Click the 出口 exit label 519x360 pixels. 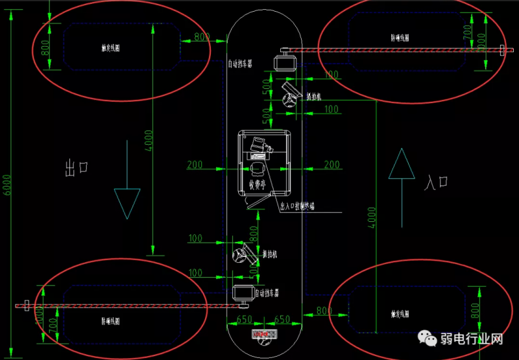coord(77,169)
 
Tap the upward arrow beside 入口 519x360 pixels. coord(402,164)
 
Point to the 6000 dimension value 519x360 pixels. coord(8,188)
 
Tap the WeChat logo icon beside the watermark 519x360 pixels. coord(428,338)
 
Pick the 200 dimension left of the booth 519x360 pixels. coord(194,165)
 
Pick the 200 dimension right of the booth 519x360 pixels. coord(332,165)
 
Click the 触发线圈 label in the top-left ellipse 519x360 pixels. coord(111,48)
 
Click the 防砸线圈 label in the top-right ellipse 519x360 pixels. coord(400,38)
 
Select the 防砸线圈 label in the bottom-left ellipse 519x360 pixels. coord(110,320)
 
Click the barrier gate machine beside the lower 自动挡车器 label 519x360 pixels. coord(242,293)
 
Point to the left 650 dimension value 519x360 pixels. coord(244,320)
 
